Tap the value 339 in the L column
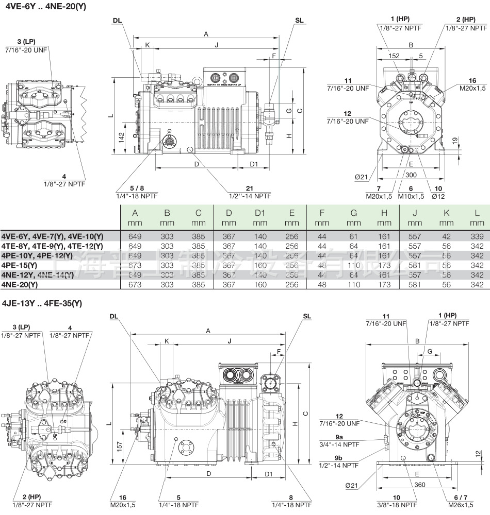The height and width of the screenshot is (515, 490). (477, 236)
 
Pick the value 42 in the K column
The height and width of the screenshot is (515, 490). (446, 236)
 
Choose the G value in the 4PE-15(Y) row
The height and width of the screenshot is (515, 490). (353, 265)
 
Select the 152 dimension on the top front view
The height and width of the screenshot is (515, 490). (394, 56)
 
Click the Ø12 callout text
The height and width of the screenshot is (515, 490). (438, 196)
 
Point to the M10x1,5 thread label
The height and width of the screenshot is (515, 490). (411, 196)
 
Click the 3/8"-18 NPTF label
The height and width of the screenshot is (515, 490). (396, 504)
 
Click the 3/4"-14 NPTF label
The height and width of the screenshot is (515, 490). (339, 444)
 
